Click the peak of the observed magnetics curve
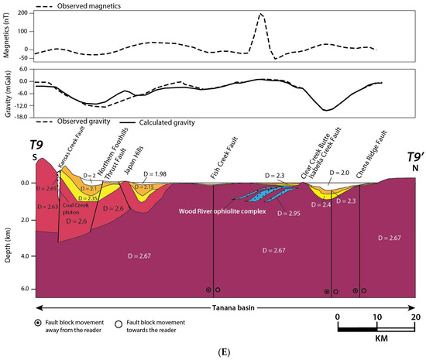click(x=261, y=15)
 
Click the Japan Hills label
click(x=141, y=165)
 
